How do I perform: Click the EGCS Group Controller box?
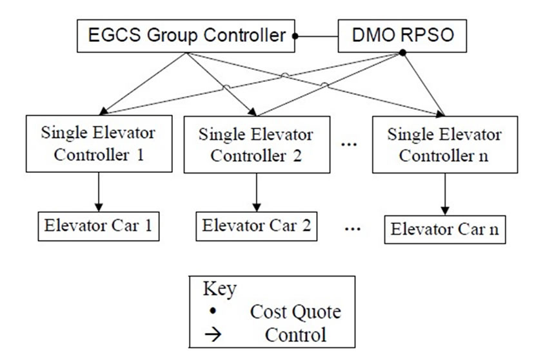click(x=186, y=36)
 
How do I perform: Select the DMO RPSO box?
click(x=402, y=36)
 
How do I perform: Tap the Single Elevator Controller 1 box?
click(x=99, y=144)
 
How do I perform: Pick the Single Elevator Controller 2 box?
click(x=257, y=145)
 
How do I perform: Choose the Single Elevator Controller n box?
click(x=445, y=145)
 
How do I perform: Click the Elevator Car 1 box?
click(x=99, y=226)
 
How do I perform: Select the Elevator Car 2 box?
click(x=257, y=226)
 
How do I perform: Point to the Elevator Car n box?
click(x=445, y=230)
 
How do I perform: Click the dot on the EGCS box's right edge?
click(x=295, y=36)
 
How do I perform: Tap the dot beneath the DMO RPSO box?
click(x=402, y=53)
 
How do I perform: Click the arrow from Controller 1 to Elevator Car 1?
click(x=99, y=192)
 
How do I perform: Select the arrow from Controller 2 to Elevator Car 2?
click(x=257, y=192)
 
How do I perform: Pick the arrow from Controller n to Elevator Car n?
click(x=445, y=194)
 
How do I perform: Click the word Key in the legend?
click(x=220, y=288)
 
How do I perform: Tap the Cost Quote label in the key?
click(x=295, y=312)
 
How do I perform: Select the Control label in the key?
click(x=295, y=335)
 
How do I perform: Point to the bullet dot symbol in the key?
click(x=213, y=310)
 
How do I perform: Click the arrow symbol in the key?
click(x=213, y=335)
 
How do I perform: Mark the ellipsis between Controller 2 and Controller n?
click(x=349, y=144)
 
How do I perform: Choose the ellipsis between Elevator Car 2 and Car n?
click(x=352, y=229)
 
